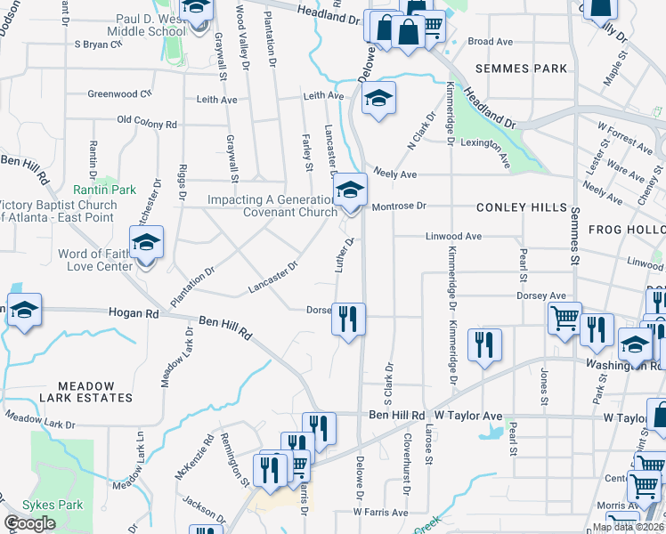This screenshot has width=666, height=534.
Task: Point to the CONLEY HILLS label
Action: [522, 207]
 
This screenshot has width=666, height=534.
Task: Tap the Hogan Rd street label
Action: [133, 313]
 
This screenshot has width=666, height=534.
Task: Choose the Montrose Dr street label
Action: [399, 206]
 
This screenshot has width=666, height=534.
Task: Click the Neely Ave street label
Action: [395, 175]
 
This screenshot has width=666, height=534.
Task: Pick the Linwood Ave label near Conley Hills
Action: [453, 237]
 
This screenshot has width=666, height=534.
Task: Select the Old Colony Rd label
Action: [147, 124]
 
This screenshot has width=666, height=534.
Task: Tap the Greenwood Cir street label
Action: [120, 93]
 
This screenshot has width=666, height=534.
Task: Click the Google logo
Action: [29, 523]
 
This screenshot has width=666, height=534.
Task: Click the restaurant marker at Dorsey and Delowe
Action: [349, 319]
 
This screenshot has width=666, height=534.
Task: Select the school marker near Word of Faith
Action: [146, 244]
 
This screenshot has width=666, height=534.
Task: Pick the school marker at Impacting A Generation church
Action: [351, 190]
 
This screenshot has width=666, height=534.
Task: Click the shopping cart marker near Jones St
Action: [564, 318]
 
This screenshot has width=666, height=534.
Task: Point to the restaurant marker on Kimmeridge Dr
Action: [484, 344]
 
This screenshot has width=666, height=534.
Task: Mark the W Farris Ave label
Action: [379, 513]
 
